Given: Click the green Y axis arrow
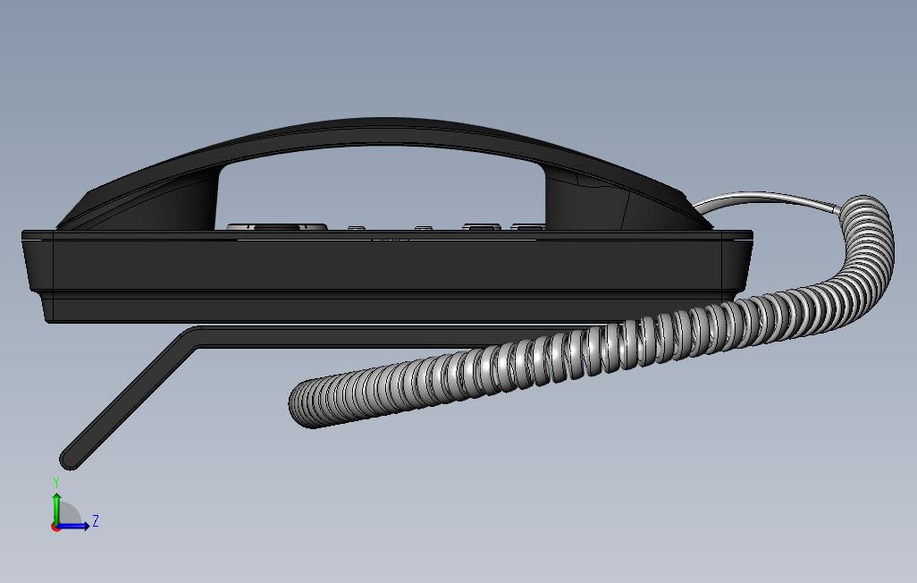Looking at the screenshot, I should click(56, 505).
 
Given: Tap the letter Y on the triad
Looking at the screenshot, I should click(56, 483).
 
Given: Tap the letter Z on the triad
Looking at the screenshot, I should click(96, 520).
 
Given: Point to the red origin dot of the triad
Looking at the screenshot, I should click(55, 528).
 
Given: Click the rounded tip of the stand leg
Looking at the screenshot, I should click(70, 460).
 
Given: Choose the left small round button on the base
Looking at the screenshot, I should click(356, 228).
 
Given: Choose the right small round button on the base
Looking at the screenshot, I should click(424, 228).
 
